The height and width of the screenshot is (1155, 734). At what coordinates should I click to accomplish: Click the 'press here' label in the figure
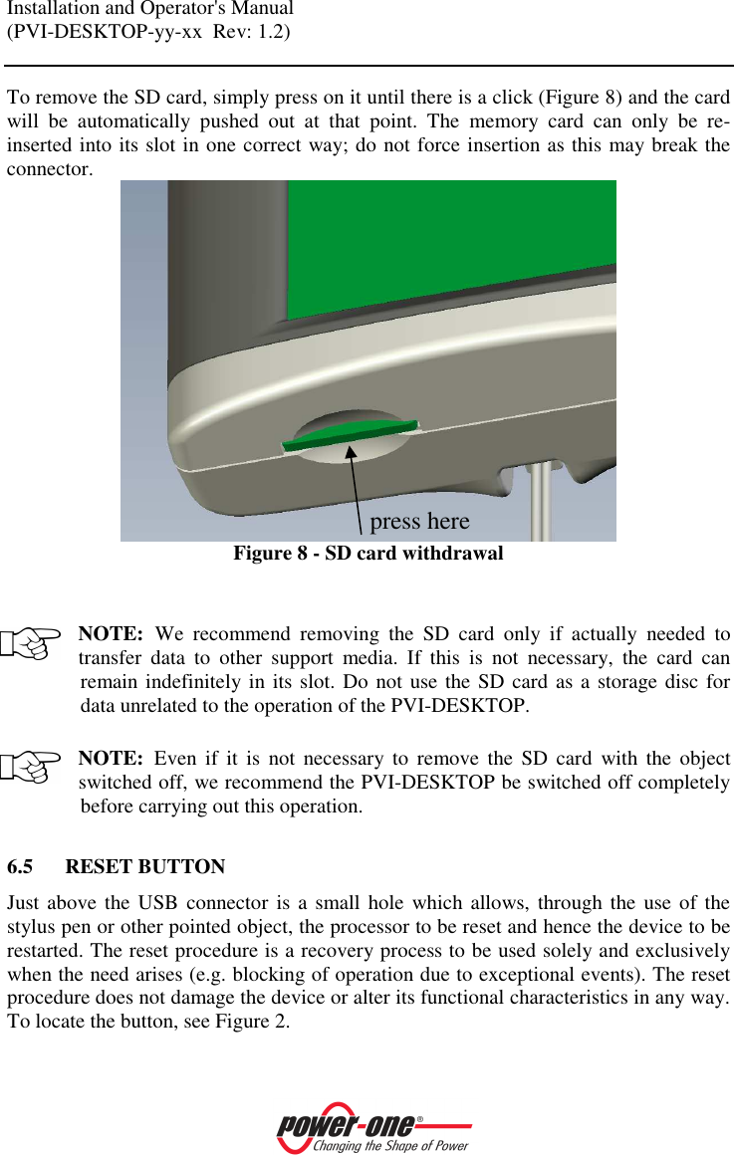pos(419,522)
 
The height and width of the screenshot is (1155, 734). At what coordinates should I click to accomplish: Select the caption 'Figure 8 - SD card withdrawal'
pos(367,554)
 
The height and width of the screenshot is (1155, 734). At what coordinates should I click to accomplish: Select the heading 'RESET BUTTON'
pos(144,867)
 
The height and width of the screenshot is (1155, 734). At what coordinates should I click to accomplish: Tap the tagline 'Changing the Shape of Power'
pos(390,1146)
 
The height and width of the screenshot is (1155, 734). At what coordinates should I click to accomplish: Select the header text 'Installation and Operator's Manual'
pos(150,10)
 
